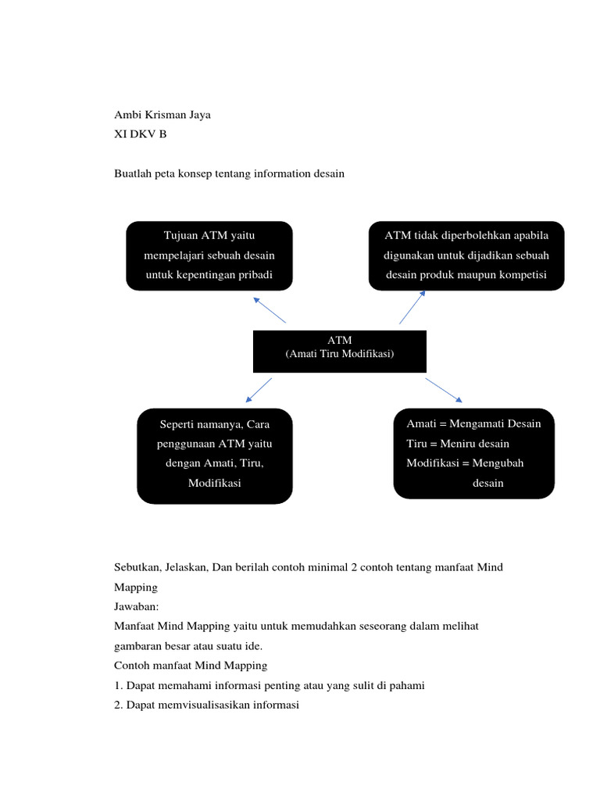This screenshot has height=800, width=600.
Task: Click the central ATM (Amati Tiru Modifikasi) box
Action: coord(339,351)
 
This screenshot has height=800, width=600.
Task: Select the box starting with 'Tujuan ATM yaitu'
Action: coord(209,255)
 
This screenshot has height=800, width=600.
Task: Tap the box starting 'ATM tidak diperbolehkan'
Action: coord(466,255)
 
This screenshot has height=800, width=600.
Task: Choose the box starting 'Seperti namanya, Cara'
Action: coord(215,455)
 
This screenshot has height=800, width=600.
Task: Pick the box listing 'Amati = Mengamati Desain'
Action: coord(473,453)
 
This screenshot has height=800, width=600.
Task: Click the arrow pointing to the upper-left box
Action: coord(270,309)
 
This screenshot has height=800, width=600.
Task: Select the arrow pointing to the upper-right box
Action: coord(412,307)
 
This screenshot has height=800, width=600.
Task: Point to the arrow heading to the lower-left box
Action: coord(259,391)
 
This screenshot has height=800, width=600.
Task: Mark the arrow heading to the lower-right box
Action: coord(444,391)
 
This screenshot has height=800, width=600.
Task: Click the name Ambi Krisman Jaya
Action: coord(162,115)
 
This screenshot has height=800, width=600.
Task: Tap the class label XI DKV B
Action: coord(141,134)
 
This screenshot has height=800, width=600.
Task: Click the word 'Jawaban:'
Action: coord(137,606)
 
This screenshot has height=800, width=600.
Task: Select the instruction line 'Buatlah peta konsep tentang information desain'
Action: coord(229,173)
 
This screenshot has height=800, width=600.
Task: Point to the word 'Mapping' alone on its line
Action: coord(136,587)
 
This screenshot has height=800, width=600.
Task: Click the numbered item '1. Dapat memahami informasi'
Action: coord(269,685)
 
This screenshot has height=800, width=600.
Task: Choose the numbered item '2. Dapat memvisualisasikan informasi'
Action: coord(206,705)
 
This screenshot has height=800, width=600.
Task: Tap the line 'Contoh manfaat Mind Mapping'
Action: coord(191,666)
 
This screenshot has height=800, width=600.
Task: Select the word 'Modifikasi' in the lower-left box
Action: coord(215,483)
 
